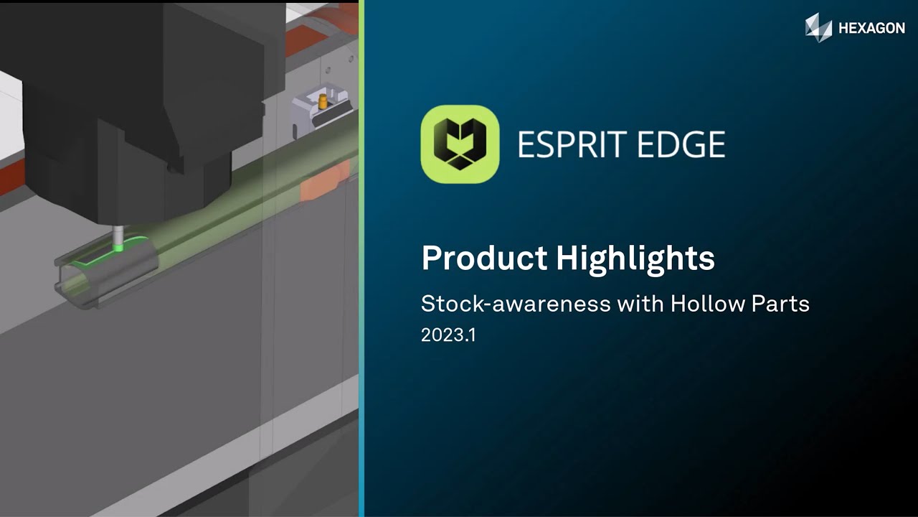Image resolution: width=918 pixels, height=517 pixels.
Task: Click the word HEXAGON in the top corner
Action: click(871, 29)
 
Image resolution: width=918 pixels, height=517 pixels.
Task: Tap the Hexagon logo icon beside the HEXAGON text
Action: click(818, 27)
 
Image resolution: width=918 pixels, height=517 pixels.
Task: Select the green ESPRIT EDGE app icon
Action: click(460, 144)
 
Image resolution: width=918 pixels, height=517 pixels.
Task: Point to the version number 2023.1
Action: click(448, 335)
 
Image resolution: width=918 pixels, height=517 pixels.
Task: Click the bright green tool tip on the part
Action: click(119, 248)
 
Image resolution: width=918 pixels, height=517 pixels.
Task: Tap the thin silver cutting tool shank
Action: click(118, 235)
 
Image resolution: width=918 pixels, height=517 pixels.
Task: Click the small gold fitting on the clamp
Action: click(322, 101)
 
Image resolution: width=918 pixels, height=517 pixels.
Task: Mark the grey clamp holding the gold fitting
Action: click(316, 115)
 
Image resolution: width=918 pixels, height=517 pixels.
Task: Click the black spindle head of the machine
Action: click(143, 93)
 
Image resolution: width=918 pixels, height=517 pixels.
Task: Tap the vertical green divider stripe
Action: click(361, 258)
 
